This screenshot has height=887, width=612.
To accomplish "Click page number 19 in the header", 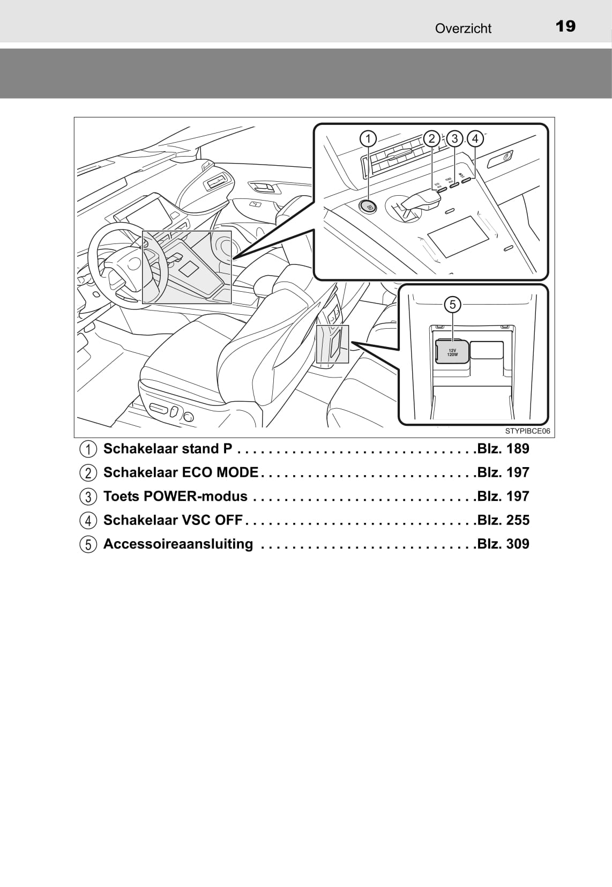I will click(x=565, y=26).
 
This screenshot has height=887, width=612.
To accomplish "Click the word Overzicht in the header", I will click(x=463, y=28).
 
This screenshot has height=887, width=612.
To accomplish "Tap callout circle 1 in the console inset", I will click(x=368, y=139).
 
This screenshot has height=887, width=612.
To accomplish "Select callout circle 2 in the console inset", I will click(x=432, y=139).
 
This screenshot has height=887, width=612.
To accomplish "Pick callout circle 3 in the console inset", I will click(x=454, y=139).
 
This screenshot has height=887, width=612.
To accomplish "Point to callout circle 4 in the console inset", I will click(x=475, y=139).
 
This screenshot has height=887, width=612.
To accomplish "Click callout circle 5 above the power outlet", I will click(x=453, y=305).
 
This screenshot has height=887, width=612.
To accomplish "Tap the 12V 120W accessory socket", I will click(x=452, y=352).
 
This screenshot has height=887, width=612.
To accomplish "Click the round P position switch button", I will click(x=368, y=206).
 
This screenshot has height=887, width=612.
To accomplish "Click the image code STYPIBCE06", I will click(x=527, y=431).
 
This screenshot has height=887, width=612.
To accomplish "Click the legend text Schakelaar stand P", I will click(x=168, y=449).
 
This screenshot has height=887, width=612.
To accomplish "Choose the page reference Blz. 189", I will click(x=503, y=449).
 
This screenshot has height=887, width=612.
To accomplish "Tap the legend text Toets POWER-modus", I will click(x=175, y=497).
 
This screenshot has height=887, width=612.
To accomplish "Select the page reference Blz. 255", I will click(x=503, y=520).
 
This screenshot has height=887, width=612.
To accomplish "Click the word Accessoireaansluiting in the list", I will click(x=178, y=544).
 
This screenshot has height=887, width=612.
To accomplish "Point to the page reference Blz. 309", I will click(x=503, y=544).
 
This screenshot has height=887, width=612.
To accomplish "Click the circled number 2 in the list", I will click(x=88, y=473).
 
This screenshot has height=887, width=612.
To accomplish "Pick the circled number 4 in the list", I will click(x=88, y=521).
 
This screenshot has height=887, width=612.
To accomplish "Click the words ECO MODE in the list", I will click(x=220, y=472).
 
